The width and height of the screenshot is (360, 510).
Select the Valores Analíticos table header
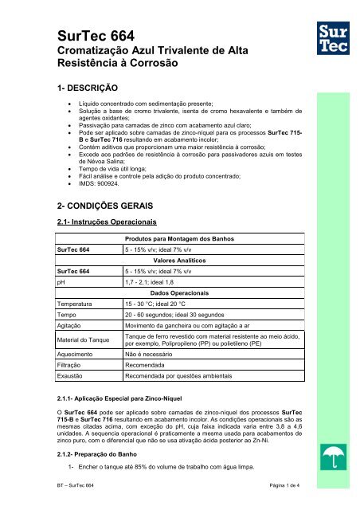pyautogui.click(x=185, y=261)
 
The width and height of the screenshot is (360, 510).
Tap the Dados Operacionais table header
pyautogui.click(x=185, y=292)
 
